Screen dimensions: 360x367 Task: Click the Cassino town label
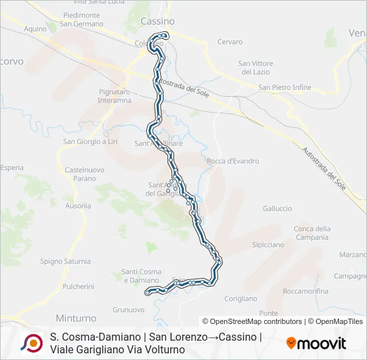[157, 21]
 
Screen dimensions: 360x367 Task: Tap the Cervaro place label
[230, 41]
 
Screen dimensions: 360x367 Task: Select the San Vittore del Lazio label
[256, 67]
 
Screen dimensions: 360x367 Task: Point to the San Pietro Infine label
[285, 87]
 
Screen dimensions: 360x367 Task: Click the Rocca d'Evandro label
[233, 161]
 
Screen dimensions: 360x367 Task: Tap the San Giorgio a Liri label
[90, 141]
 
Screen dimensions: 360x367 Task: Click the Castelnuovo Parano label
[85, 174]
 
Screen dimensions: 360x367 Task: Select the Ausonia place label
[78, 205]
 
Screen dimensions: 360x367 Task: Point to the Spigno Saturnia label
[65, 261]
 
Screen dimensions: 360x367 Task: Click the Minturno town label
[77, 318]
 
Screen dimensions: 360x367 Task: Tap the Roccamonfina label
[306, 291]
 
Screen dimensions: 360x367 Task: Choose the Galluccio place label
[277, 208]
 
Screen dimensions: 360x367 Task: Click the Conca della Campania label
[312, 233]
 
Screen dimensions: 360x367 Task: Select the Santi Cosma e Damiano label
[141, 276]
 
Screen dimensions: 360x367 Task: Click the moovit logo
[316, 343]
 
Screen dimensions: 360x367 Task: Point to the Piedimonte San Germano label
[81, 19]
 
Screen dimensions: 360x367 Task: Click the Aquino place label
[35, 29]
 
